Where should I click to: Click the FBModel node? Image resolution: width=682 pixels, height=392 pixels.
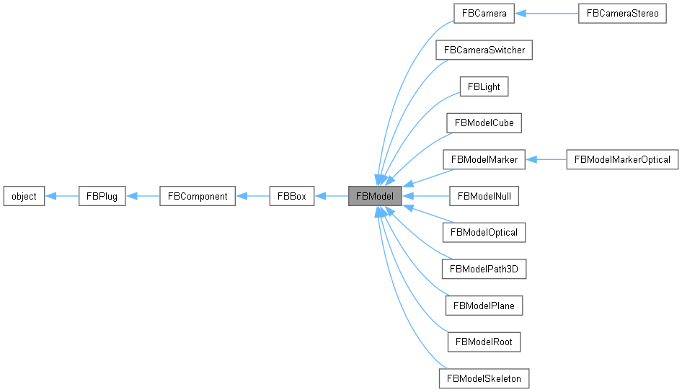375,196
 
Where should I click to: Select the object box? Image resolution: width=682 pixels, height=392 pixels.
24,196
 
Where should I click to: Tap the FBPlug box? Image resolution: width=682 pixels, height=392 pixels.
102,196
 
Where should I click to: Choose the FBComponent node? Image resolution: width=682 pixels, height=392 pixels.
197,196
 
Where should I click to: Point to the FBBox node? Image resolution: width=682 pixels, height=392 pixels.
291,196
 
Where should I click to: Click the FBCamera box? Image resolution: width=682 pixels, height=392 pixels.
484,14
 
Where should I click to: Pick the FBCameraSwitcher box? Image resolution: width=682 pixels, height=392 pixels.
484,50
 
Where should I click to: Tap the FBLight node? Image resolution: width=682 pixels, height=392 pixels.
484,86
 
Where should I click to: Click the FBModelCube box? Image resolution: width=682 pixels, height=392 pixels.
484,123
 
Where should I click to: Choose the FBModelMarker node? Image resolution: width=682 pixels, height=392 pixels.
484,159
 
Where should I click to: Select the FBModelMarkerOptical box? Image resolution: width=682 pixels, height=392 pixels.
622,159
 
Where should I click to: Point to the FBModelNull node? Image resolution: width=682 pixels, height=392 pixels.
484,196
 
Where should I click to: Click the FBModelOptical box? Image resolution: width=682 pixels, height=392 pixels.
484,232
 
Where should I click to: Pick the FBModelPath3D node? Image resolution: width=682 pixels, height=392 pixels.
484,269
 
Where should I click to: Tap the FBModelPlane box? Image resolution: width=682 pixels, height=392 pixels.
484,305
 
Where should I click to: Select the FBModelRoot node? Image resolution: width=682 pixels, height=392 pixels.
484,342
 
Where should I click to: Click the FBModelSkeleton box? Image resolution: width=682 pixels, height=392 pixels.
484,378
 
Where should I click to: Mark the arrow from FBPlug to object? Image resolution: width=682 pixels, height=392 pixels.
61,196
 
